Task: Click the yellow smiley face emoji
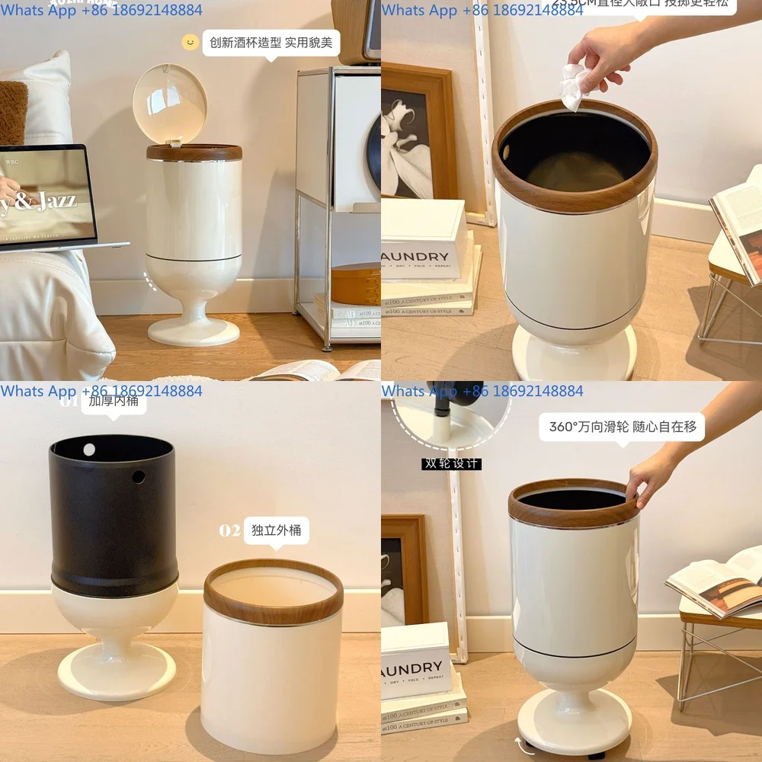click(x=190, y=42)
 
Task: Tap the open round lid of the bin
click(x=169, y=103)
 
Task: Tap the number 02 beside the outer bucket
click(x=229, y=530)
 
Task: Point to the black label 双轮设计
click(x=452, y=463)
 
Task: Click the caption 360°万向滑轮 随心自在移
click(x=623, y=427)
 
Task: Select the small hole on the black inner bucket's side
click(x=139, y=476)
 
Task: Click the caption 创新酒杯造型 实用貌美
click(x=271, y=43)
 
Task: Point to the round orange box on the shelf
click(x=356, y=283)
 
